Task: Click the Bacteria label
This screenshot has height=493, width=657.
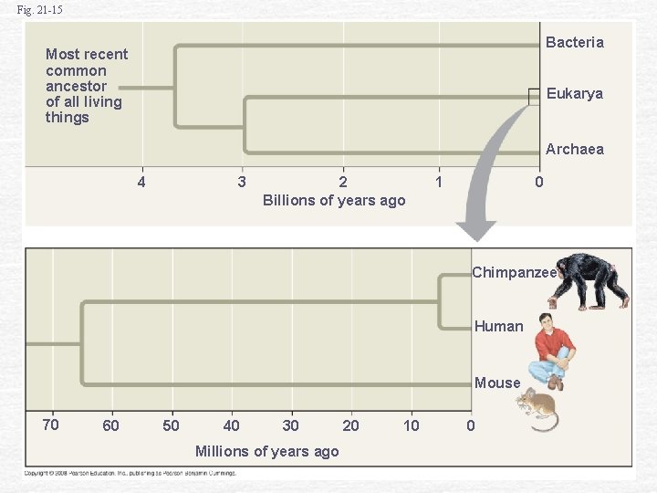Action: [574, 42]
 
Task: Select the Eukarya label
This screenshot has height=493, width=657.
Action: [574, 93]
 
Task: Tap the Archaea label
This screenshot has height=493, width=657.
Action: [574, 149]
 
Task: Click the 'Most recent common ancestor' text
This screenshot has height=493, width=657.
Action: [86, 86]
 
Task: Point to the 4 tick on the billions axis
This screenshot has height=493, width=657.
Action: [141, 182]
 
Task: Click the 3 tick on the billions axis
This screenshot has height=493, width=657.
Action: [241, 182]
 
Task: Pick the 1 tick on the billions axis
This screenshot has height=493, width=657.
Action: [439, 182]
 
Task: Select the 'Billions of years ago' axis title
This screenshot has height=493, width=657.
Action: [334, 200]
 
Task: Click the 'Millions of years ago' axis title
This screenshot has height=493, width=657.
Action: [266, 451]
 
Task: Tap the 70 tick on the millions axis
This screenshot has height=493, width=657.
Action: [50, 425]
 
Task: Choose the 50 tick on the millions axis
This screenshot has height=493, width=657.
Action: [171, 425]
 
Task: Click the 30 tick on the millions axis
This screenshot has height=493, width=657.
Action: [290, 425]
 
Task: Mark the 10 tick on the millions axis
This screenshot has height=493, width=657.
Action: [412, 425]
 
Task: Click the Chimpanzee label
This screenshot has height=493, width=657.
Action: [514, 272]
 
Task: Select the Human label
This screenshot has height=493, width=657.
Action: [499, 326]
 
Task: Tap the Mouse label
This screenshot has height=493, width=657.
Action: [497, 383]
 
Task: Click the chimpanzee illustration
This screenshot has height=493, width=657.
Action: [591, 281]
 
